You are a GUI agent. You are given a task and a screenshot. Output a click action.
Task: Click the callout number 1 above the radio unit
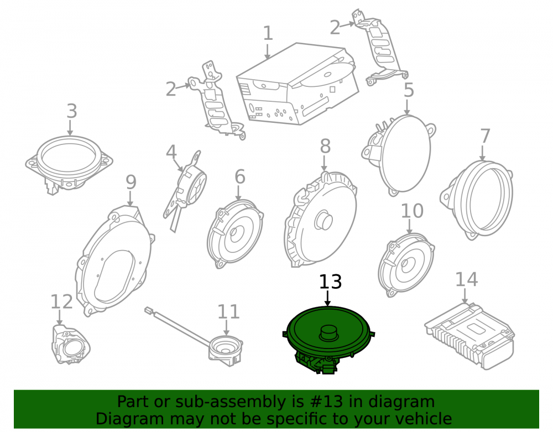click(268, 33)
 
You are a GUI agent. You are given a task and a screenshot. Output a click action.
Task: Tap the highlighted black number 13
click(331, 282)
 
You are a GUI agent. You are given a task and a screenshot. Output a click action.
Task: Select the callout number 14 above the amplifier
click(466, 279)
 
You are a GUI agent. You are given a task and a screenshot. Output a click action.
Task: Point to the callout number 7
click(486, 136)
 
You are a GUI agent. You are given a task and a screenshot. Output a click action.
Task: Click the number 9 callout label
click(131, 183)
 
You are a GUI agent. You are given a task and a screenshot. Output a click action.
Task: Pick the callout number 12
click(61, 302)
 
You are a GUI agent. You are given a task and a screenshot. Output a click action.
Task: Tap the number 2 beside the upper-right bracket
click(335, 28)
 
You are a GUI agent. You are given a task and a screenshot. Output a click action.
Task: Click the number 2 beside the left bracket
click(171, 89)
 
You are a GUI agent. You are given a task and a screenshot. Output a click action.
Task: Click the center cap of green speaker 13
click(328, 332)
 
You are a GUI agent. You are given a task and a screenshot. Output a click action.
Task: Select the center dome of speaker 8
click(324, 220)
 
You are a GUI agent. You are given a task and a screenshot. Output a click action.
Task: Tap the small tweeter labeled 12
click(70, 345)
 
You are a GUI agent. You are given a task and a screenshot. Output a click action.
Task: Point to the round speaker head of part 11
click(226, 349)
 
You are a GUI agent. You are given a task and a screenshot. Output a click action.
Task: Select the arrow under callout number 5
click(408, 107)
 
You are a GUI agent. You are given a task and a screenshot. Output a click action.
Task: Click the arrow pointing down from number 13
click(327, 298)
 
